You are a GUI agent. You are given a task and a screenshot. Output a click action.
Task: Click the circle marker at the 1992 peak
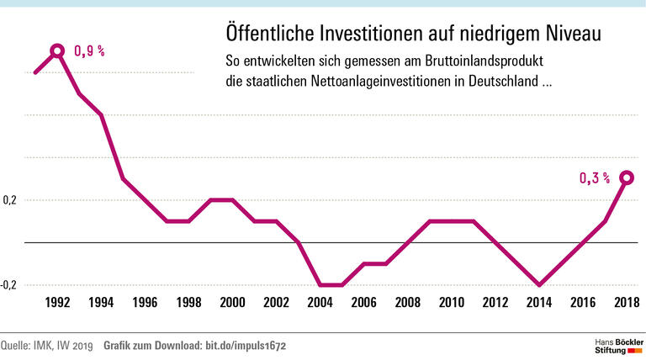point(57,51)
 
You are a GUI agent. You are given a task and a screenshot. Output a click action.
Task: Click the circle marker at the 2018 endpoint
point(627,177)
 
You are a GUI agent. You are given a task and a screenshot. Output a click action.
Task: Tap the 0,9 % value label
point(90,51)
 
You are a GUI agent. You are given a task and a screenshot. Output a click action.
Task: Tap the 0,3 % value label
point(594,177)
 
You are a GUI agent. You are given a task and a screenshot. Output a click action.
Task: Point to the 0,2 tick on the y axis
point(9,200)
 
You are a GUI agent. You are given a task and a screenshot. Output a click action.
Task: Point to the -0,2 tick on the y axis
point(8,285)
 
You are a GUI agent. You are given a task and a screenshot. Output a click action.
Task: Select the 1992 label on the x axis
point(57,303)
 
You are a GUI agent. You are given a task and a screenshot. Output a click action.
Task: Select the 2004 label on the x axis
point(320,303)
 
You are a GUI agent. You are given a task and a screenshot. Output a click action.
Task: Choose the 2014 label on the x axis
point(539,303)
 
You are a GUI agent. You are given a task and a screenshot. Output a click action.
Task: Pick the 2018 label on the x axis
point(627,303)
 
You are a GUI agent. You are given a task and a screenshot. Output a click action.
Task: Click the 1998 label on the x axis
point(188,303)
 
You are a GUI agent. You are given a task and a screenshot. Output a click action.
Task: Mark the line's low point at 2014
point(539,285)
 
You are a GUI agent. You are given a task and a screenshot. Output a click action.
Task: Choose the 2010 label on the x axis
point(452,303)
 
